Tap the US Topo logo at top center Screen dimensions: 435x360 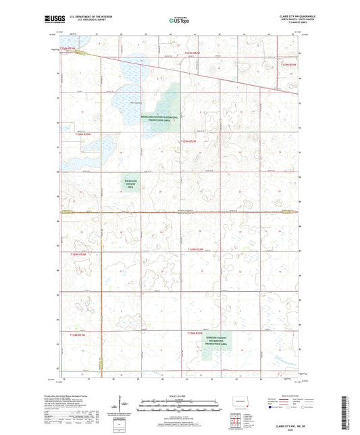[180, 20]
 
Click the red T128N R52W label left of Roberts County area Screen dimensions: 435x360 [78, 334]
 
